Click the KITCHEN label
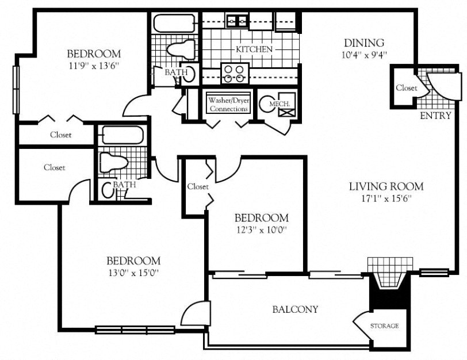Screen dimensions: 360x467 coord(254,49)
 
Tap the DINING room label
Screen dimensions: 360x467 coord(363,43)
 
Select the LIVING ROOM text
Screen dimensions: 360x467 coord(386,186)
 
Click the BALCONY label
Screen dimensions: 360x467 coord(295,309)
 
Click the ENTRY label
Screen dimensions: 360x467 coord(435,116)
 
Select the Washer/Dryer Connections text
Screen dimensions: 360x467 coord(228,104)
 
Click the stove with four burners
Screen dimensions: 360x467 coord(234,74)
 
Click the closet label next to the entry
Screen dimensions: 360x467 coord(407,88)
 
